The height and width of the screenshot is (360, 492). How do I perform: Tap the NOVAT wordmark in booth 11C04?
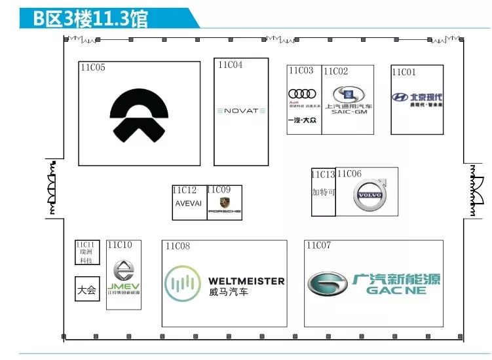click(241, 111)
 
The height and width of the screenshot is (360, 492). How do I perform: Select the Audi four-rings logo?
click(303, 94)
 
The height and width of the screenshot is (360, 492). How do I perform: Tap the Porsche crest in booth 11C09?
click(225, 203)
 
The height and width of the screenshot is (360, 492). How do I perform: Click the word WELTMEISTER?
click(246, 281)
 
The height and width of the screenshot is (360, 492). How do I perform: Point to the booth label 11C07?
click(318, 245)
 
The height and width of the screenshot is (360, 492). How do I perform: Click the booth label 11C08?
click(177, 246)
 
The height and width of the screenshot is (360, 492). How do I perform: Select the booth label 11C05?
click(93, 67)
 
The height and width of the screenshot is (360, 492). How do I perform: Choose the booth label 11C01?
click(404, 72)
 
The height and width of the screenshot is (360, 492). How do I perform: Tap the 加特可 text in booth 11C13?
click(322, 192)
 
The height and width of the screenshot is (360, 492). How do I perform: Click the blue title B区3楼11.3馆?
click(91, 18)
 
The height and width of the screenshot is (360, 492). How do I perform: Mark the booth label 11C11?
click(86, 245)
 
